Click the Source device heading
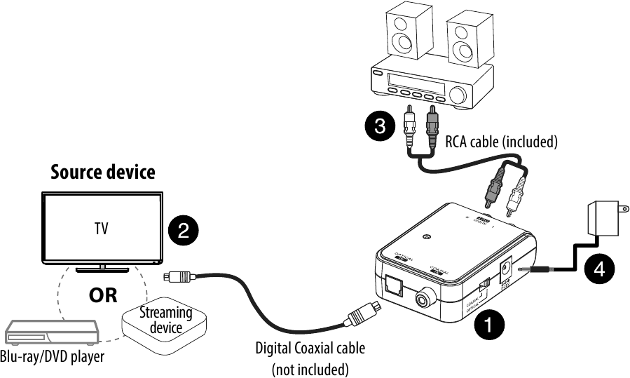pyautogui.click(x=103, y=173)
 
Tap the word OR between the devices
pyautogui.click(x=103, y=295)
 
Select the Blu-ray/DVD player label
pyautogui.click(x=53, y=357)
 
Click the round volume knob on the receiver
pyautogui.click(x=459, y=95)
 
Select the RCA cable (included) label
pyautogui.click(x=502, y=142)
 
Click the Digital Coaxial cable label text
pyautogui.click(x=310, y=348)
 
